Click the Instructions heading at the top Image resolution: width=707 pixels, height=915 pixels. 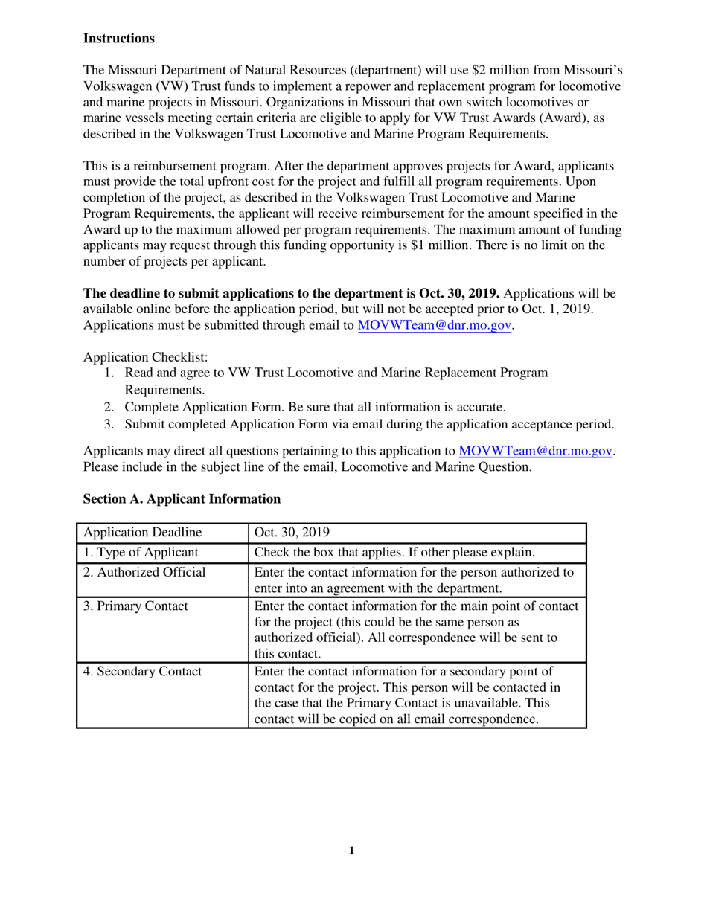click(119, 38)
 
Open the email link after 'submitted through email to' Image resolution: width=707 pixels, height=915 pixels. click(435, 325)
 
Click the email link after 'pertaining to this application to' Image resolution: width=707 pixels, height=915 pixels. click(537, 451)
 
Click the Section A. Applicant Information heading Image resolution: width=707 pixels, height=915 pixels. click(182, 499)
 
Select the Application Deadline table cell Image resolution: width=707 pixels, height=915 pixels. click(142, 533)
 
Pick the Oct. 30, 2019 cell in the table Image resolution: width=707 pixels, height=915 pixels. click(292, 533)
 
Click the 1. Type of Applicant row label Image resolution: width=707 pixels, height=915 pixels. click(141, 553)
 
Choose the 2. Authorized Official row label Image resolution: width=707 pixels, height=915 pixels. click(144, 573)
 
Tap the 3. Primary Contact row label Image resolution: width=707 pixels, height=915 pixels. click(135, 606)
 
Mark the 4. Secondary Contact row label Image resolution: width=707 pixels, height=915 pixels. click(142, 672)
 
